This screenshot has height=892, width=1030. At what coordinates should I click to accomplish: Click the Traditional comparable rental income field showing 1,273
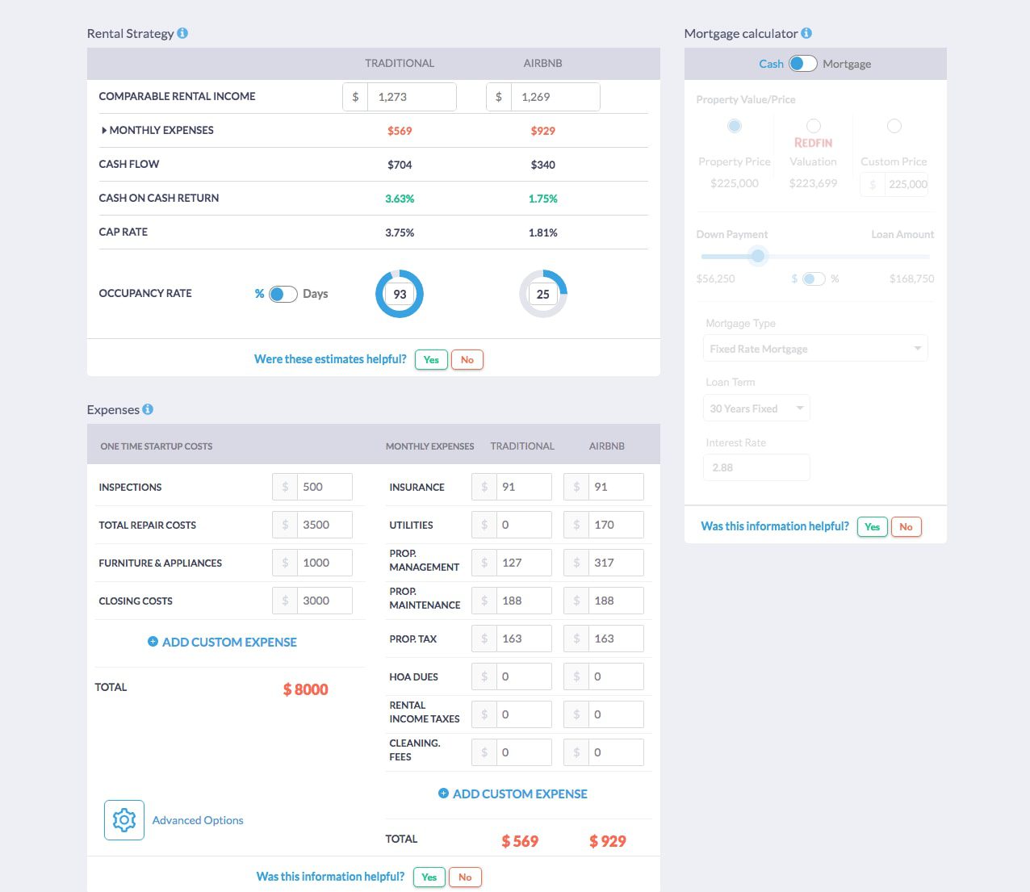[411, 97]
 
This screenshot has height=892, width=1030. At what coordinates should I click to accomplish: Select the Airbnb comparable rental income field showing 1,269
[555, 97]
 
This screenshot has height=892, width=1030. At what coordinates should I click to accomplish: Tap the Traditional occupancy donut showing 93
[400, 294]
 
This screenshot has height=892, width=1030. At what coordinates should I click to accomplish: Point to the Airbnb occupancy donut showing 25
[543, 294]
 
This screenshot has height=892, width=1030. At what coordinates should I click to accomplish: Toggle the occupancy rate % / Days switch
[283, 294]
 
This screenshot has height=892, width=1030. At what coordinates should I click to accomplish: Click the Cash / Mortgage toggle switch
[802, 64]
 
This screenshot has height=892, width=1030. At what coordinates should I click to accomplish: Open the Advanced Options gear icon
[124, 820]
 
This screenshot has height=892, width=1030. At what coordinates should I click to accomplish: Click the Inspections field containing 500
[324, 487]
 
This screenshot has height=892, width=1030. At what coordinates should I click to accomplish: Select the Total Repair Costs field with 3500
[324, 525]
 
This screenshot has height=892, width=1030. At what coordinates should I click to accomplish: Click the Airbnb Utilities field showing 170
[615, 525]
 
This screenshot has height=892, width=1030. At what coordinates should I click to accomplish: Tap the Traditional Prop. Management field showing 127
[523, 563]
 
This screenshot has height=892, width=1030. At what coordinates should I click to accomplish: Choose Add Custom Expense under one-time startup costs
[222, 642]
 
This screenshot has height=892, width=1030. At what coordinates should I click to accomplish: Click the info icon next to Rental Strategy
[182, 33]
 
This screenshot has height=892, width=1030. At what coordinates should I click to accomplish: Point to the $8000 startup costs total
[305, 689]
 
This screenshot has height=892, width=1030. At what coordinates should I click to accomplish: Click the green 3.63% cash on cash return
[400, 199]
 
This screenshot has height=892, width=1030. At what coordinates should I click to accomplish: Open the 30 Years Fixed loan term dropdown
[756, 408]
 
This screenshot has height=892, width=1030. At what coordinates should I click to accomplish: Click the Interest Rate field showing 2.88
[756, 467]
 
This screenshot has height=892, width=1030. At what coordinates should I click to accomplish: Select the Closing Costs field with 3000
[324, 601]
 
